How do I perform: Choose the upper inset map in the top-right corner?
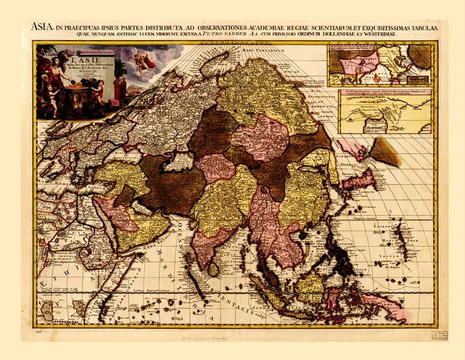(x=378, y=65)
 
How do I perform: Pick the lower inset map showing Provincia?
(x=386, y=111)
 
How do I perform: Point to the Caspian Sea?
(x=174, y=162)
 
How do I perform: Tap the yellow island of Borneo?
(x=312, y=285)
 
